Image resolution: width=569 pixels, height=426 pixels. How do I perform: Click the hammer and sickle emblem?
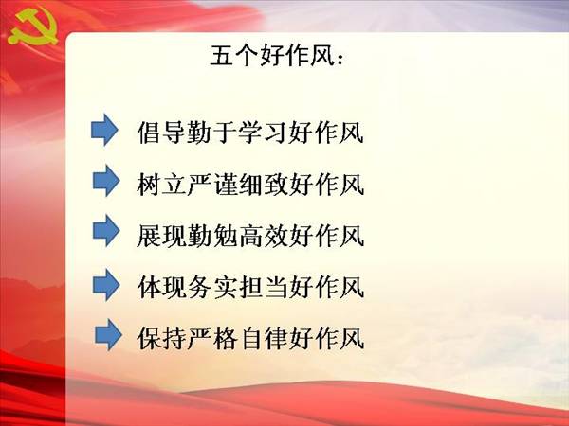(32, 27)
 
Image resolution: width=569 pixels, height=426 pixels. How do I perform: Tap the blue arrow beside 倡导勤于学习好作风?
(104, 130)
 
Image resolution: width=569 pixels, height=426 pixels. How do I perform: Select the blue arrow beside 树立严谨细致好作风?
(106, 181)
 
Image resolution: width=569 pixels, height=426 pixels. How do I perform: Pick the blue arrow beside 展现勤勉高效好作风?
(106, 231)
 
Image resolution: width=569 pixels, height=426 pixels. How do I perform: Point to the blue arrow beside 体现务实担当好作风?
(106, 285)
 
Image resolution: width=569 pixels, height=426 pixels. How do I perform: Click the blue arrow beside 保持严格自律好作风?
(108, 335)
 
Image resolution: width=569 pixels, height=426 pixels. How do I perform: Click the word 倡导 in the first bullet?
(161, 132)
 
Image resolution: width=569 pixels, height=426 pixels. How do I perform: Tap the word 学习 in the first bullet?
(263, 132)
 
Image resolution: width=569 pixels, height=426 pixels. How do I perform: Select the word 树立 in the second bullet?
(161, 185)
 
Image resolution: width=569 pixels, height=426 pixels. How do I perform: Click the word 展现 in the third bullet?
(161, 236)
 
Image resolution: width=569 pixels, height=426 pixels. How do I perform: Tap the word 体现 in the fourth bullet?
(161, 287)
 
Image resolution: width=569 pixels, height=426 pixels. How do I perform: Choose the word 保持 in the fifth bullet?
(161, 339)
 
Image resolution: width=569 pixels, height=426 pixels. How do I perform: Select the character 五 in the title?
(222, 56)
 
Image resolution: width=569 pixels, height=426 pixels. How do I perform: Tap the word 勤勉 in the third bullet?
(212, 236)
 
